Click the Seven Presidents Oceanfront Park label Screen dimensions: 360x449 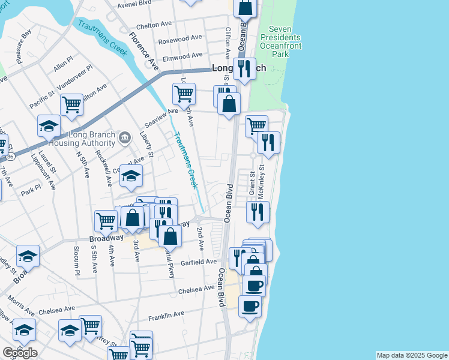280,41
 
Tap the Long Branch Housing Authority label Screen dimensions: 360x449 92,139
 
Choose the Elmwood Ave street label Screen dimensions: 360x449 183,56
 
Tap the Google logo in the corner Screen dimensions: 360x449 20,353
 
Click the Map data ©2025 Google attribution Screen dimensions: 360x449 412,355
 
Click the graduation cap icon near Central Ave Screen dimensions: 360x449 131,175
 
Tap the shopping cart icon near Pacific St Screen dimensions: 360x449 71,105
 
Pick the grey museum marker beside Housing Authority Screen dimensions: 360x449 124,138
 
